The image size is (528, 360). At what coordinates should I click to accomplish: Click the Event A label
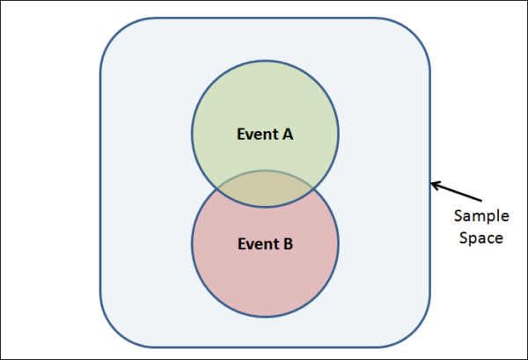click(265, 135)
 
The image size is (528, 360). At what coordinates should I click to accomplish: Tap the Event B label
click(265, 244)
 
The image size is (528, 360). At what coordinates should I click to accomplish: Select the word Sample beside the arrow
click(478, 216)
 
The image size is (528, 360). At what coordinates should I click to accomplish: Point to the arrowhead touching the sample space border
click(432, 184)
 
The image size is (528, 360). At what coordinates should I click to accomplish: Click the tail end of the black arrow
click(480, 200)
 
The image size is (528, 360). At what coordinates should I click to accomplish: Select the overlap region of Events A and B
click(265, 188)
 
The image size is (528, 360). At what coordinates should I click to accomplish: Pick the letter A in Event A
click(288, 135)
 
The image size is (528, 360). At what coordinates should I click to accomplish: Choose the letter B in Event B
click(288, 244)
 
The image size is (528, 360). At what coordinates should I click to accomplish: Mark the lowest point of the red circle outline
click(265, 317)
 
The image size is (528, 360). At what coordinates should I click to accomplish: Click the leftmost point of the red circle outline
click(192, 244)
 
